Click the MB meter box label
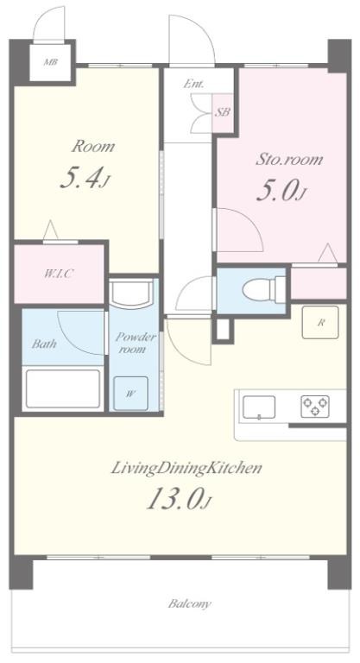[x=51, y=62]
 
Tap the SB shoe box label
[x=223, y=112]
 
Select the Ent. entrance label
[x=193, y=84]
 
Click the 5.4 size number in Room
[x=85, y=180]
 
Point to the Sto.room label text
[x=289, y=160]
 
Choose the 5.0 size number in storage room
[x=281, y=192]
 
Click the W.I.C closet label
[x=59, y=274]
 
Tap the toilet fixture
[x=263, y=290]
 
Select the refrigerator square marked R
[x=320, y=322]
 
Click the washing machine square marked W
[x=130, y=394]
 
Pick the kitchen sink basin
[x=258, y=407]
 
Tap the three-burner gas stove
[x=315, y=407]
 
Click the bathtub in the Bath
[x=63, y=389]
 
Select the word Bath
[x=44, y=344]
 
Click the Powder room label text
[x=136, y=343]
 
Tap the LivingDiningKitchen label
[x=186, y=469]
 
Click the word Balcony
[x=189, y=603]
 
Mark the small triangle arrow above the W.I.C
[x=51, y=230]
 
